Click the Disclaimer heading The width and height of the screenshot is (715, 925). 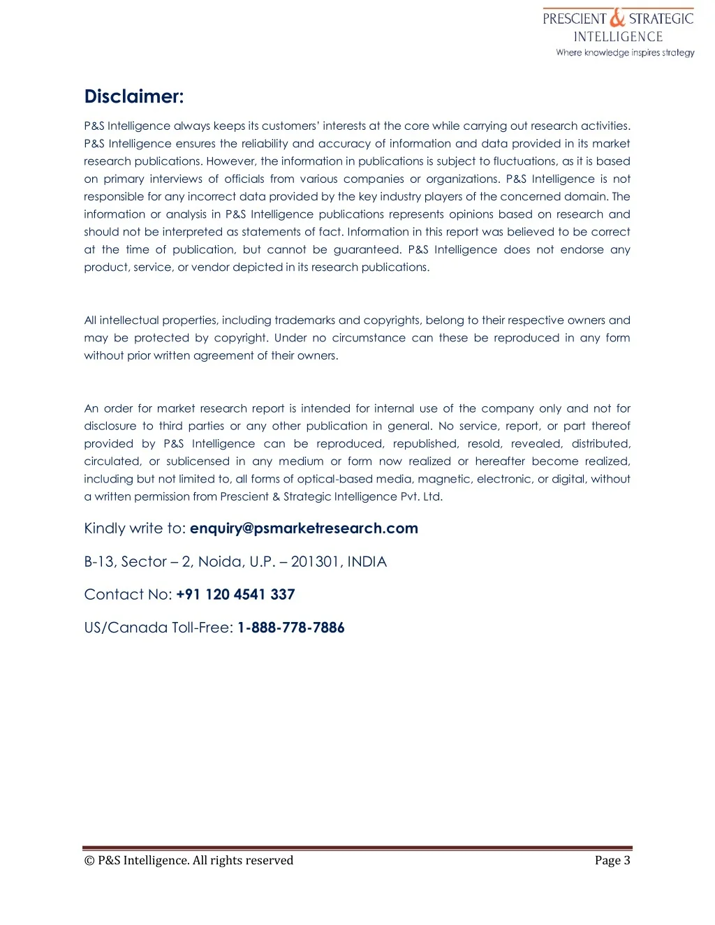coord(133,96)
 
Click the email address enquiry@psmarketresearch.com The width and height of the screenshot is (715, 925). coord(304,528)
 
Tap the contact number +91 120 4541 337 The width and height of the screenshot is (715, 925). coord(235,595)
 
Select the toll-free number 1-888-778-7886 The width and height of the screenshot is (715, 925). coord(290,628)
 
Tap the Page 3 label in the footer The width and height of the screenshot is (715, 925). coord(612,860)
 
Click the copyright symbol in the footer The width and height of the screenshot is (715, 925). coord(89,861)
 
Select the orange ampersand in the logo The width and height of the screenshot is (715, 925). coord(617,17)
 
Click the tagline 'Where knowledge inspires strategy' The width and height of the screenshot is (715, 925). coord(625,52)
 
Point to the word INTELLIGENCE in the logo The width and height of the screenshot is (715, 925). coord(618,37)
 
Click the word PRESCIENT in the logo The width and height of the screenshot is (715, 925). coord(574,19)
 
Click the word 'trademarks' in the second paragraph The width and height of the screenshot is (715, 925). coord(305,320)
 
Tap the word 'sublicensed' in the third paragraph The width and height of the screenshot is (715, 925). coord(198,461)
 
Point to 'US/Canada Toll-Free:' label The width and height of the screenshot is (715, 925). coord(159,628)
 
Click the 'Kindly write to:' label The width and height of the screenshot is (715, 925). coord(135,528)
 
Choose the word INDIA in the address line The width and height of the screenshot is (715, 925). coord(367,562)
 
